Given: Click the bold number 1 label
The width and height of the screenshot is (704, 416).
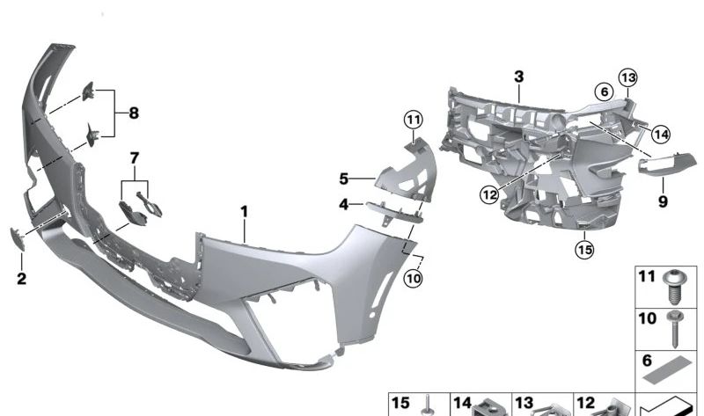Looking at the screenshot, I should point(245,212).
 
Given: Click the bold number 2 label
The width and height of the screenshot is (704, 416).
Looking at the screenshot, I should point(21,280).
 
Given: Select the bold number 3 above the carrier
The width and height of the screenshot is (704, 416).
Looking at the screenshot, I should point(519,77).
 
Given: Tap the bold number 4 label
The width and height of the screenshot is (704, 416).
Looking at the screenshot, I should point(344,206).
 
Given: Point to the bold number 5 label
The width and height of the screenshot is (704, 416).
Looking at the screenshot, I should point(344,179).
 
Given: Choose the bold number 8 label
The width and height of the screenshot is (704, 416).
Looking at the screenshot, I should point(134,113).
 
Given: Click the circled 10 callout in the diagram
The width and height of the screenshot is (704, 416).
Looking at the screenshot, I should point(414,279).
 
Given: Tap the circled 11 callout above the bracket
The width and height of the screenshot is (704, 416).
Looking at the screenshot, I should point(414,118).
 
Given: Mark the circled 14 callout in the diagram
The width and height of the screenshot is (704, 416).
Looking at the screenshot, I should point(660,134).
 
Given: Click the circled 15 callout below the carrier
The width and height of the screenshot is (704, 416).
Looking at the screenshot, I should point(585,250).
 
